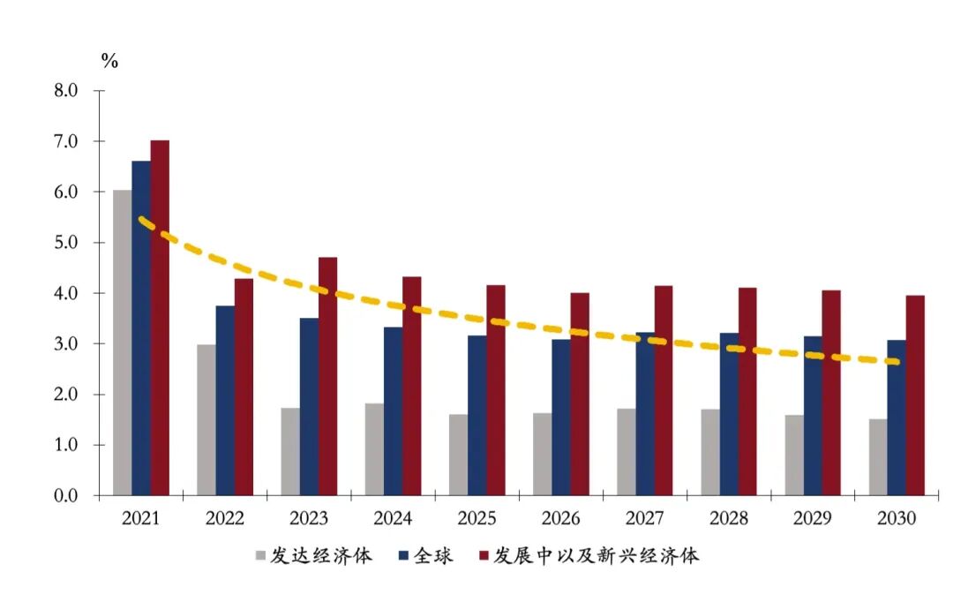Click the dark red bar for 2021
pos(160,318)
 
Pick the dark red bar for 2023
pos(327,376)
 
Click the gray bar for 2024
pos(374,449)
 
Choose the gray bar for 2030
pos(878,457)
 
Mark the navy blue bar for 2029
pos(813,416)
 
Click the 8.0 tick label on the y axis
pos(67,91)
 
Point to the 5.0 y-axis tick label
pos(67,243)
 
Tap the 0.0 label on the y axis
pos(67,496)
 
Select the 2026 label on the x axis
pos(561,519)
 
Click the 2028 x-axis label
pos(729,519)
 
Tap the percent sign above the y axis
pos(109,61)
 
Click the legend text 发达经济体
pos(321,556)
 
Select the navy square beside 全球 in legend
pos(403,556)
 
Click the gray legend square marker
pos(260,556)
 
